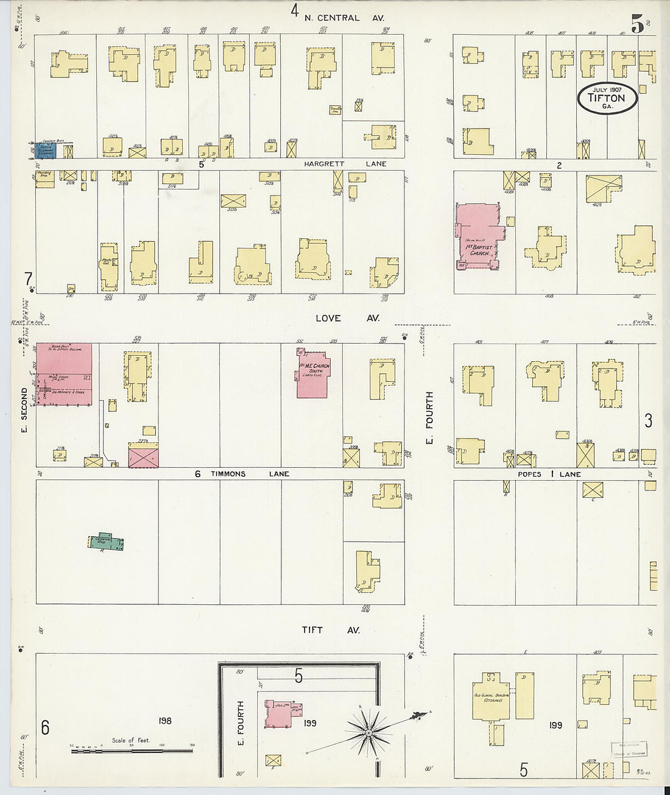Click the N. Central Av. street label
(344, 18)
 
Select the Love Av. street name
(347, 318)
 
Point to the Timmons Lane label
(250, 474)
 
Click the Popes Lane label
(549, 474)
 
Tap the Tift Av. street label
(331, 630)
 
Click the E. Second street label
(24, 404)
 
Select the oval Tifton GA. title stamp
(607, 98)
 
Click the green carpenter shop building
(106, 542)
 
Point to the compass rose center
(368, 734)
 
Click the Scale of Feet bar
(132, 751)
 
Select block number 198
(164, 721)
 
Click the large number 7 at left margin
(27, 279)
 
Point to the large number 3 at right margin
(648, 420)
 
